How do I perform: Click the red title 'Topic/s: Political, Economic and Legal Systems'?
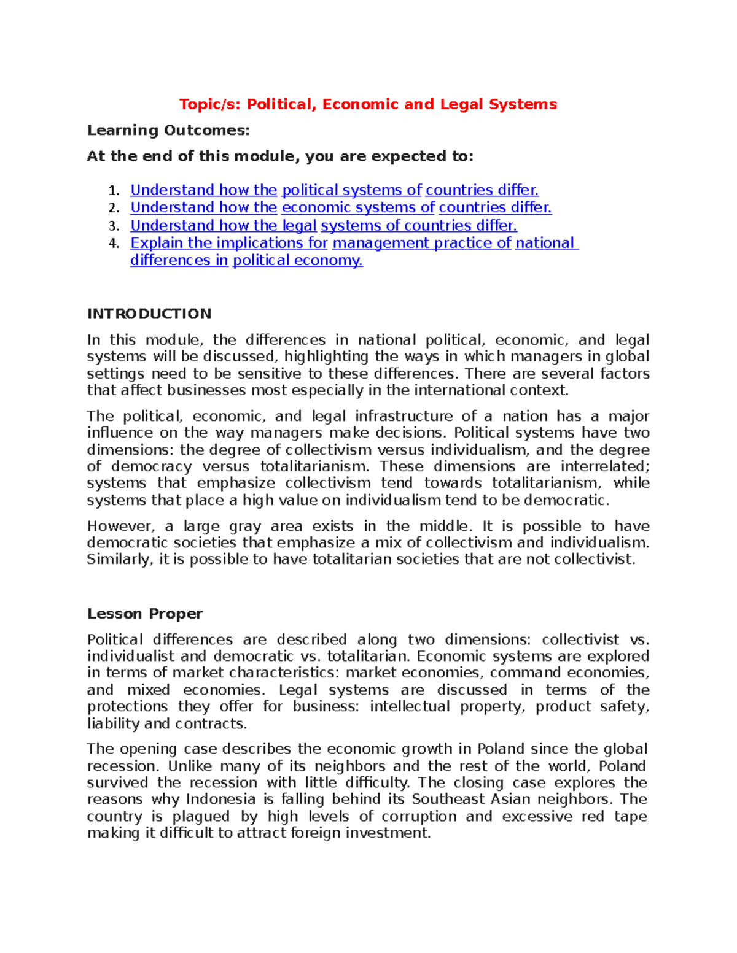[x=368, y=104]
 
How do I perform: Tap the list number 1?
[x=113, y=191]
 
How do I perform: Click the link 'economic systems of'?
[x=358, y=207]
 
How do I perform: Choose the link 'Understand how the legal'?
[x=224, y=225]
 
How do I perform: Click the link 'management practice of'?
[x=421, y=243]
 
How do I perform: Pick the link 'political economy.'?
[x=297, y=260]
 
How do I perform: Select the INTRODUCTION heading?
[x=149, y=314]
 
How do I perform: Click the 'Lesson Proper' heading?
[x=145, y=614]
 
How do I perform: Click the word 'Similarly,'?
[x=120, y=560]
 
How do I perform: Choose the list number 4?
[x=113, y=244]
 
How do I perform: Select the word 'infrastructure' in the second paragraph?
[x=404, y=416]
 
